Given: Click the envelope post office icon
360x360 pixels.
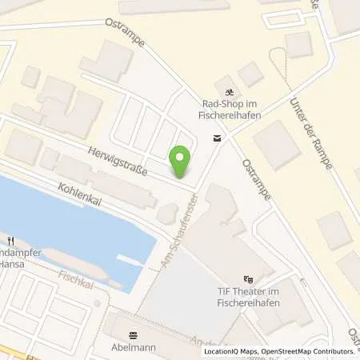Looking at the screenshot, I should coord(217,138).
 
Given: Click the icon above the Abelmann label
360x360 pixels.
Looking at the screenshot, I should coord(133,336).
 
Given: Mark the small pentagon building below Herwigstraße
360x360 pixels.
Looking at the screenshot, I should coord(168,213).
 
